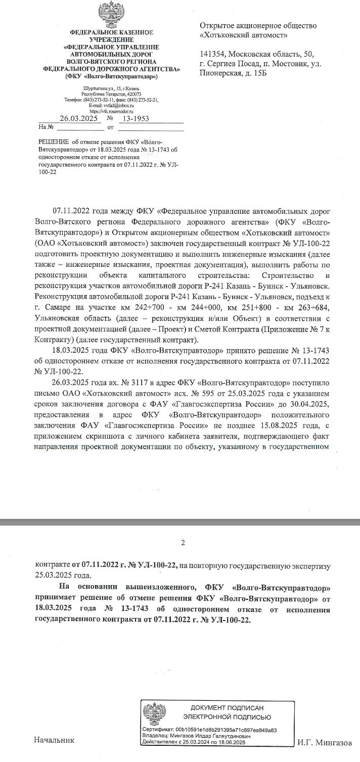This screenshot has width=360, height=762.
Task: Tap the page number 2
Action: coord(183,543)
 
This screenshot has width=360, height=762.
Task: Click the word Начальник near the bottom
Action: coord(54,740)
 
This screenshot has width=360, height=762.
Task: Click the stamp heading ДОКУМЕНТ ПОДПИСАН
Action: coord(227,708)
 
